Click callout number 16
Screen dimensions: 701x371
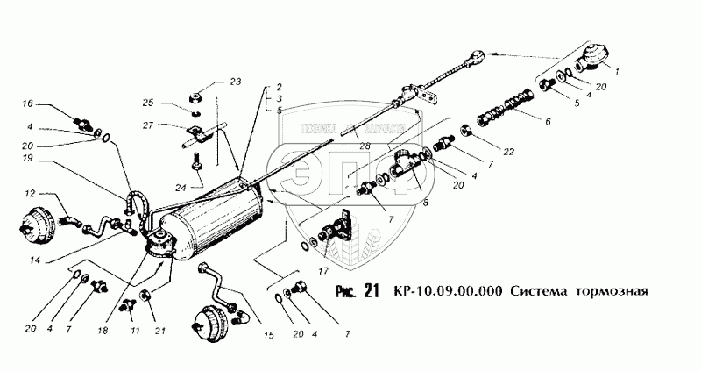(28, 103)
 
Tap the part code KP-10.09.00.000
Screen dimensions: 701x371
(449, 292)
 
